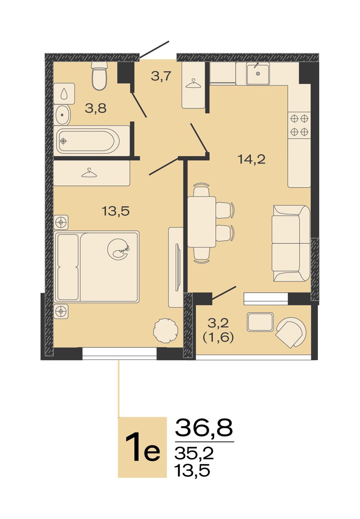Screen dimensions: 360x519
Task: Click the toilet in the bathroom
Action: pos(99,75)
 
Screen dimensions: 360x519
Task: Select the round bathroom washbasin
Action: pos(62,114)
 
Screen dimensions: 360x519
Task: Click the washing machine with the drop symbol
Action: pos(64,94)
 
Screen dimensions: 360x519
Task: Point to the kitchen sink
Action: pos(258,73)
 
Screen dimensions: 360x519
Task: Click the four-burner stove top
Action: pos(299,125)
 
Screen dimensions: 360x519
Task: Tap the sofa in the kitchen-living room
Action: pos(291,243)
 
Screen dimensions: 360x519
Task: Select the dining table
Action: pos(202,222)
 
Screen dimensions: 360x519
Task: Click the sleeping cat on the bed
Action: pos(118,249)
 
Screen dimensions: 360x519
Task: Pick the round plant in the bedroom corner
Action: pos(166,330)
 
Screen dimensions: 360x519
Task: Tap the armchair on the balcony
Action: pos(291,332)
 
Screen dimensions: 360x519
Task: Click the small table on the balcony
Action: pos(260,322)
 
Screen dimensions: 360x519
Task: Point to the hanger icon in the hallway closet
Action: pos(194,84)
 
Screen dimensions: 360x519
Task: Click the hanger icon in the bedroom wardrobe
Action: pos(89,173)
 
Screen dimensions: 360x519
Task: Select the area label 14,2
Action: pos(252,159)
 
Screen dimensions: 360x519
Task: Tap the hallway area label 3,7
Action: pos(161,76)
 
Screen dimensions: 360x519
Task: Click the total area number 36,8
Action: pos(203,427)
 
